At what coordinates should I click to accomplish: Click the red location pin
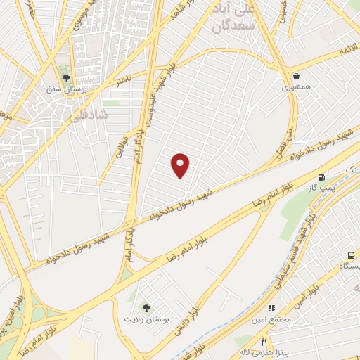pos(181,165)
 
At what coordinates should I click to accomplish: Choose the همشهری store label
pos(296,88)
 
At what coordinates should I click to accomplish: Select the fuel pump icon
pos(322,177)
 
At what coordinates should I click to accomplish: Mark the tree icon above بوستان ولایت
pos(146,307)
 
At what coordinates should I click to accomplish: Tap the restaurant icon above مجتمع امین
pos(271,307)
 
